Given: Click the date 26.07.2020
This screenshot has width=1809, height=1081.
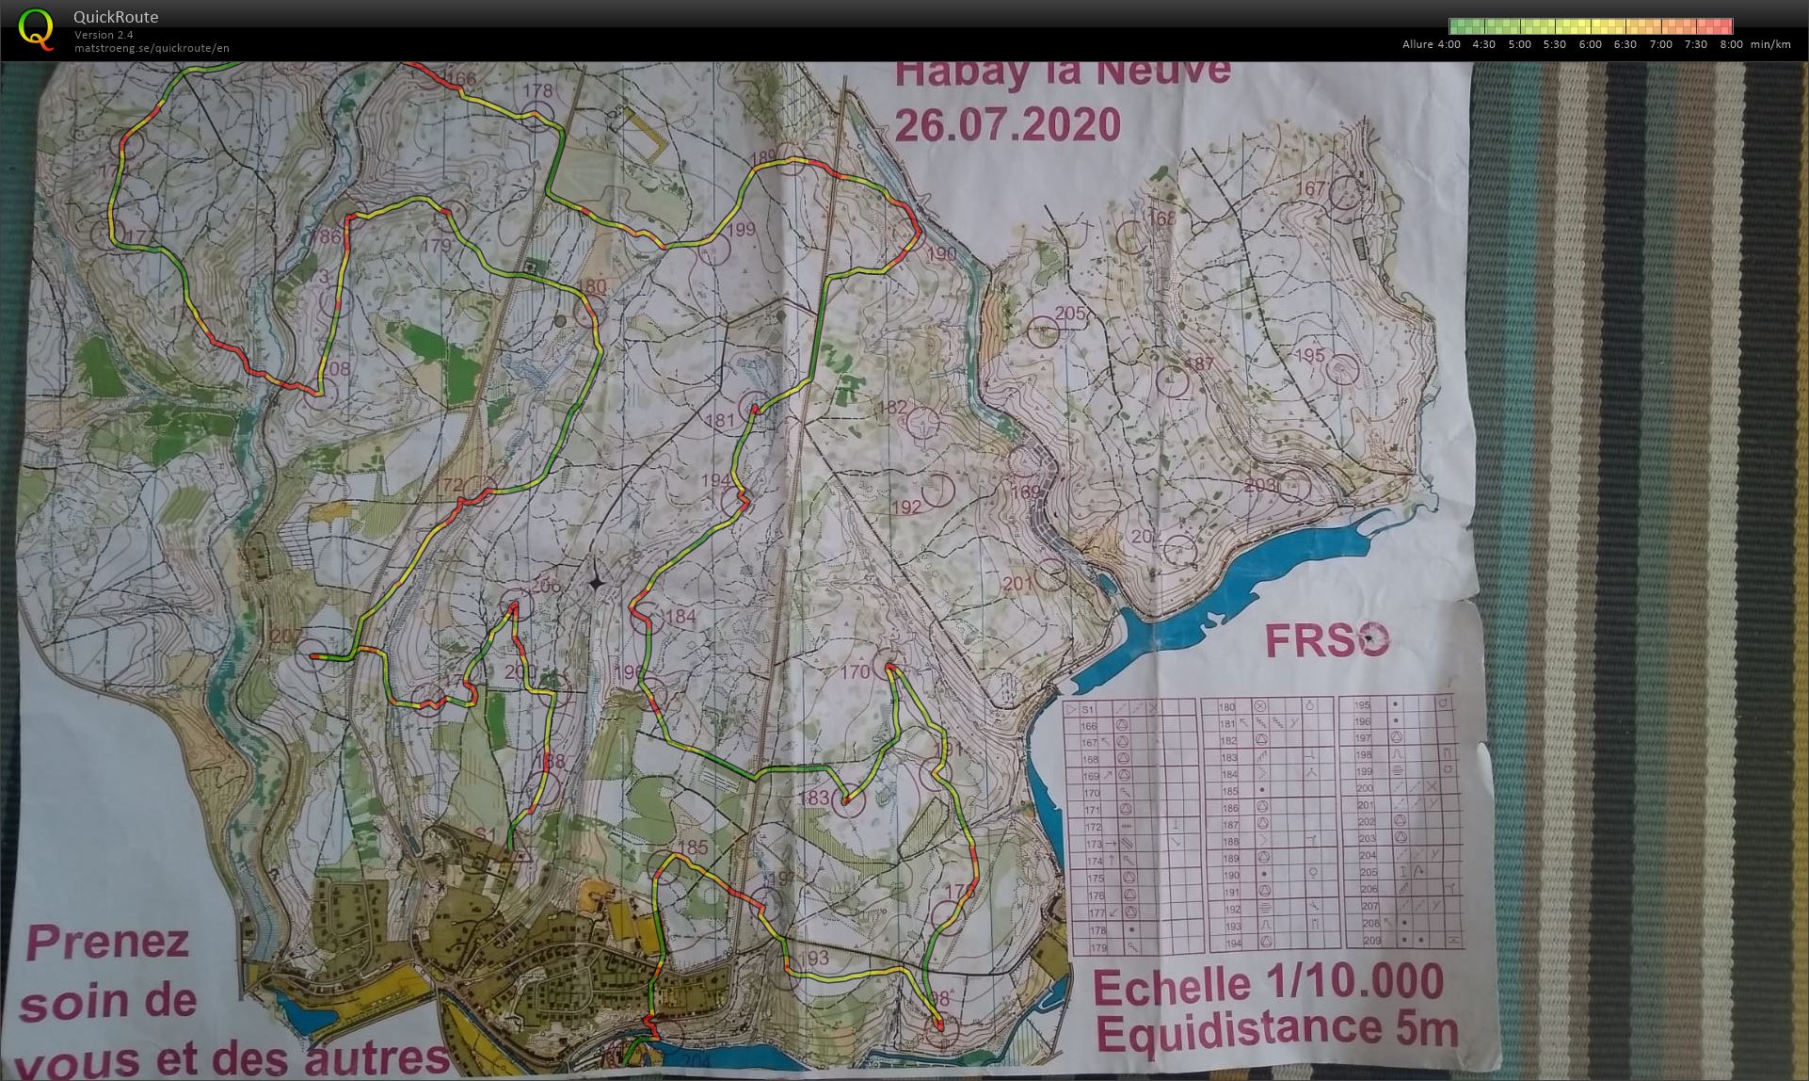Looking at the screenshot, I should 1007,125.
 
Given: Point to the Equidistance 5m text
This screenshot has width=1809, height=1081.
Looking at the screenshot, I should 1277,1029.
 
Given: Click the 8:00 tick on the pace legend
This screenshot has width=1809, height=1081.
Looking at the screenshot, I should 1730,44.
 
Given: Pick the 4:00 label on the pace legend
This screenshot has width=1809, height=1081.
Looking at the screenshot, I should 1449,44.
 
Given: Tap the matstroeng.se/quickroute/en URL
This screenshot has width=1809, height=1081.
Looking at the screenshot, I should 152,48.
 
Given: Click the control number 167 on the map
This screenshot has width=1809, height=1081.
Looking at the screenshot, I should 1311,189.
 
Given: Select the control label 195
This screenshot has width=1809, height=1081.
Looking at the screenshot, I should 1309,355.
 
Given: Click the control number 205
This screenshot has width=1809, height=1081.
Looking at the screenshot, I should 1070,314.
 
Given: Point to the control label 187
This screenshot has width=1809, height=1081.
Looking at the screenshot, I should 1199,364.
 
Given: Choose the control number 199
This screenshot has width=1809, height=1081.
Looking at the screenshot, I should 742,229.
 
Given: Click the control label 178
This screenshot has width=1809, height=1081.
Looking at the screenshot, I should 537,91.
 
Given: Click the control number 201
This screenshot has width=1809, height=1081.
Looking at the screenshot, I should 1017,584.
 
